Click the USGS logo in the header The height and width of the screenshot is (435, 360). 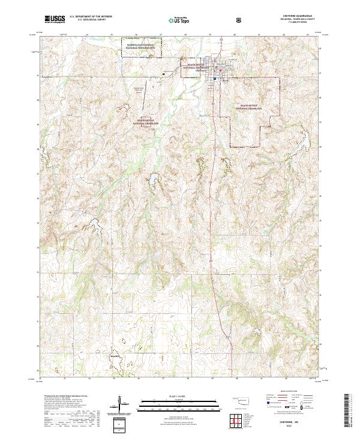pyautogui.click(x=55, y=19)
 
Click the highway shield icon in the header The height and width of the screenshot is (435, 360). pyautogui.click(x=239, y=20)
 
